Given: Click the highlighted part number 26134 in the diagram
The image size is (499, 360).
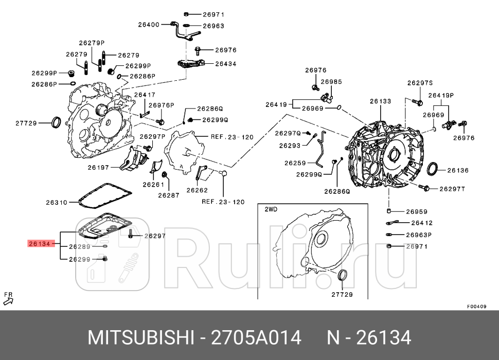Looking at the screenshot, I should click(39, 244).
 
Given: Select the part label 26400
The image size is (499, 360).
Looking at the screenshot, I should click(149, 24).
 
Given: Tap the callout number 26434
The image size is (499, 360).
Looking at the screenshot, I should click(225, 64).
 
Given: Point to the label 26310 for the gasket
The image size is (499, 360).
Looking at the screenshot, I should click(57, 203).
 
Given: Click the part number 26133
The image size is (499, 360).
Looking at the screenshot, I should click(380, 102).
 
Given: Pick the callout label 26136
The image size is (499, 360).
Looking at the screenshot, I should click(457, 170).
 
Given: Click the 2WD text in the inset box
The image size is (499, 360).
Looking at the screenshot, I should click(271, 210).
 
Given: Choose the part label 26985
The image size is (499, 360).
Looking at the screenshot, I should click(331, 82).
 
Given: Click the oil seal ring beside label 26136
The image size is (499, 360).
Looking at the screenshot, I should click(434, 169).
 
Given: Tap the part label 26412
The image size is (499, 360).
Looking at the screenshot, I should click(422, 223).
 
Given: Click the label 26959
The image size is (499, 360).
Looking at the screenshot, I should click(417, 211).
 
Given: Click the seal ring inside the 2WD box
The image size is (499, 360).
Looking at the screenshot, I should click(342, 276).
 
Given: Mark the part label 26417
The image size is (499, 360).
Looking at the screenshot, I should click(145, 95).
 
